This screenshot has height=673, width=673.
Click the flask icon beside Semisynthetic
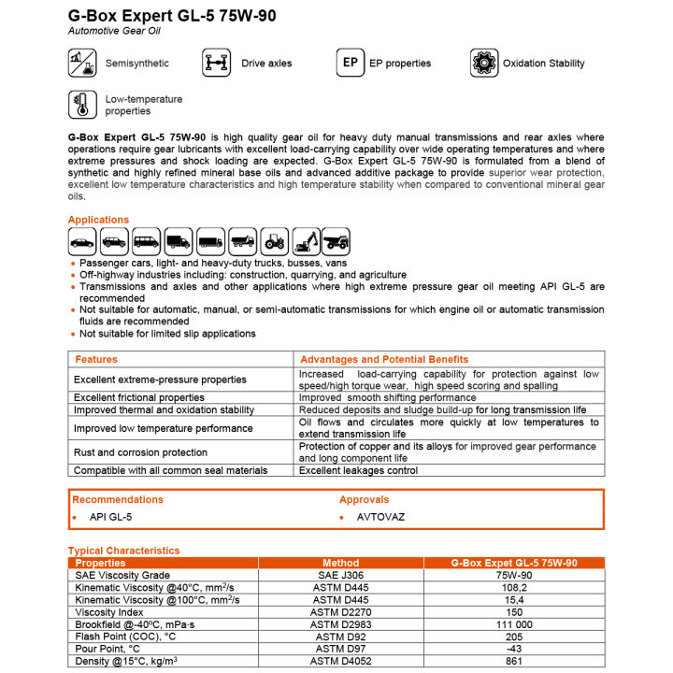point(82,63)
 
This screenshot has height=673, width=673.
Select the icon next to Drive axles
point(216,63)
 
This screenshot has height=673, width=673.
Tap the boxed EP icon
point(350,63)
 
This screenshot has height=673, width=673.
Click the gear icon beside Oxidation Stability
point(484,63)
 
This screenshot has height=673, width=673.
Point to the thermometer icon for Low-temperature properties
point(82,104)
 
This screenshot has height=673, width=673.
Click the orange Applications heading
point(98,220)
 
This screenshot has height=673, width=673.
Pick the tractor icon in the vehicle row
point(275,241)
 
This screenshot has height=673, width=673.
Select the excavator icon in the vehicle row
point(306,241)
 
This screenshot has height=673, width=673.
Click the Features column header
point(96,359)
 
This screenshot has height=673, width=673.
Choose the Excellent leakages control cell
point(358,470)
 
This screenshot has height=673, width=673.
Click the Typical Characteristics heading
point(123,551)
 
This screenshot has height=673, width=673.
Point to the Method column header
point(340,563)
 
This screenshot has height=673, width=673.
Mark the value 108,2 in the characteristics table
point(513,587)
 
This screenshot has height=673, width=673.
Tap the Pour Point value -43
point(513,649)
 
